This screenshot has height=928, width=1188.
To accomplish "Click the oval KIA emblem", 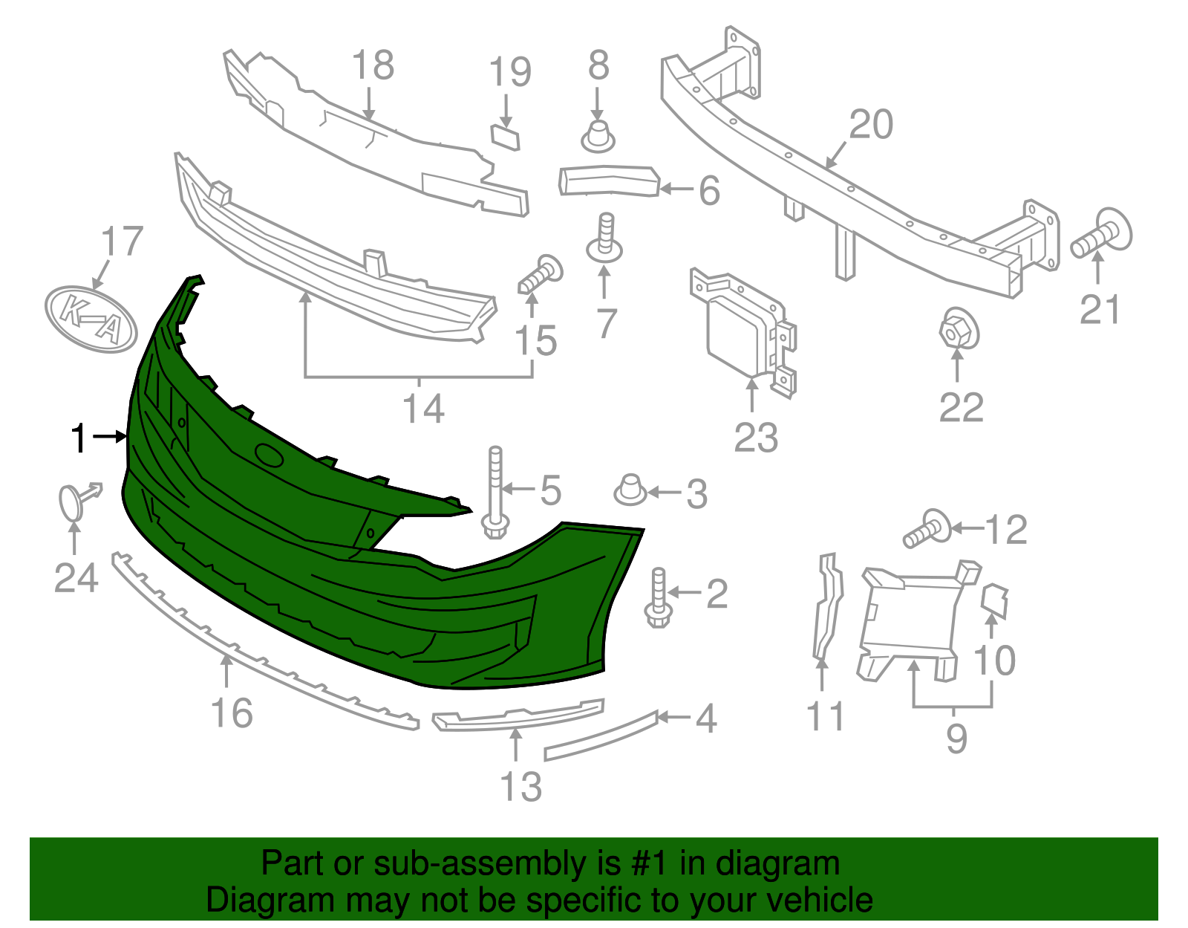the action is pyautogui.click(x=91, y=318).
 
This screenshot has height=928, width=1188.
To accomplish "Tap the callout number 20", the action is pyautogui.click(x=871, y=125).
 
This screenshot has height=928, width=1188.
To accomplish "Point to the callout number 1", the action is pyautogui.click(x=79, y=438).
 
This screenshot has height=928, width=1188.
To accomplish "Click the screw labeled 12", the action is pyautogui.click(x=927, y=529).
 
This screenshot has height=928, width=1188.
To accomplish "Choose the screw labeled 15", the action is pyautogui.click(x=541, y=274).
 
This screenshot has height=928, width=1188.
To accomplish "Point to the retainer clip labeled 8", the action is pyautogui.click(x=598, y=136).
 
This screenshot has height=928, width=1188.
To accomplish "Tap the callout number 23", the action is pyautogui.click(x=756, y=437).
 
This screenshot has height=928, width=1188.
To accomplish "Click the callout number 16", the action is pyautogui.click(x=232, y=713).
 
